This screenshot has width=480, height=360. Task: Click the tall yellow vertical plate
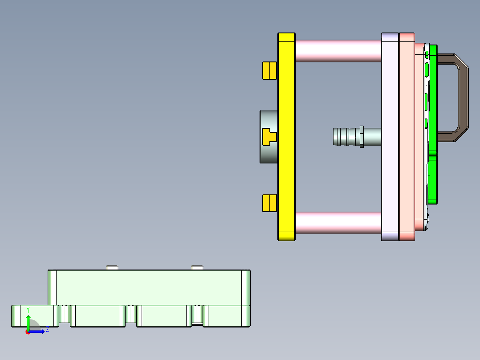286,136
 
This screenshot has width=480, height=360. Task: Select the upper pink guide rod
338,51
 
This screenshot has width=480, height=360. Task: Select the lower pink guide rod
338,222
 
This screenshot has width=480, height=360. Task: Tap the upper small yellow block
269,70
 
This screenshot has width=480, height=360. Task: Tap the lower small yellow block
269,203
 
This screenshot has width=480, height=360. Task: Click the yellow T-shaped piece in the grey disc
269,137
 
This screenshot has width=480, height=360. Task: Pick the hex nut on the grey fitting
362,137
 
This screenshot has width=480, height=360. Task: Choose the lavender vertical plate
390,136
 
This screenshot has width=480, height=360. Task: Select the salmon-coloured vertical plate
407,136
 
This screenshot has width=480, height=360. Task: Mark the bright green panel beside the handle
432,178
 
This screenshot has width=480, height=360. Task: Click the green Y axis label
28,310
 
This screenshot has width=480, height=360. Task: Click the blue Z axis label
47,330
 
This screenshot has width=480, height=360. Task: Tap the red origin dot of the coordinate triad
28,332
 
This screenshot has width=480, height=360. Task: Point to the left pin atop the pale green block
113,267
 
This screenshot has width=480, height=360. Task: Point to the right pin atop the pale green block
197,267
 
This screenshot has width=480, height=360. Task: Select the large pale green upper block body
149,287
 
